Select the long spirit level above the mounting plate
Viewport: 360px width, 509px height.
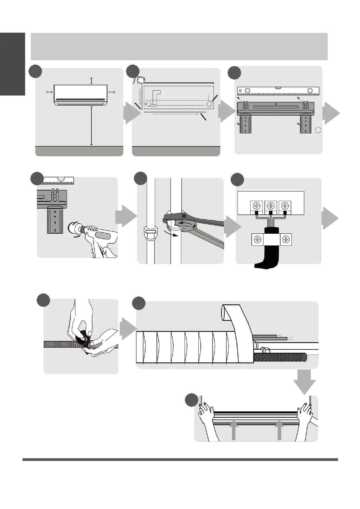(x=278, y=91)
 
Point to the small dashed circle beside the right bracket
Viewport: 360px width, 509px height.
(x=318, y=130)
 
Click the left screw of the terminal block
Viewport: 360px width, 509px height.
(x=257, y=206)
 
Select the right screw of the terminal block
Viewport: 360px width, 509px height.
(x=285, y=206)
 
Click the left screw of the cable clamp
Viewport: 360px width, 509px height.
(x=257, y=240)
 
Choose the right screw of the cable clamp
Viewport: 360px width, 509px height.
(x=286, y=240)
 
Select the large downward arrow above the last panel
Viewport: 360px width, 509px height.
(x=304, y=382)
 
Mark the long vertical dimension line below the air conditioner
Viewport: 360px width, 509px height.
(x=91, y=125)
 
